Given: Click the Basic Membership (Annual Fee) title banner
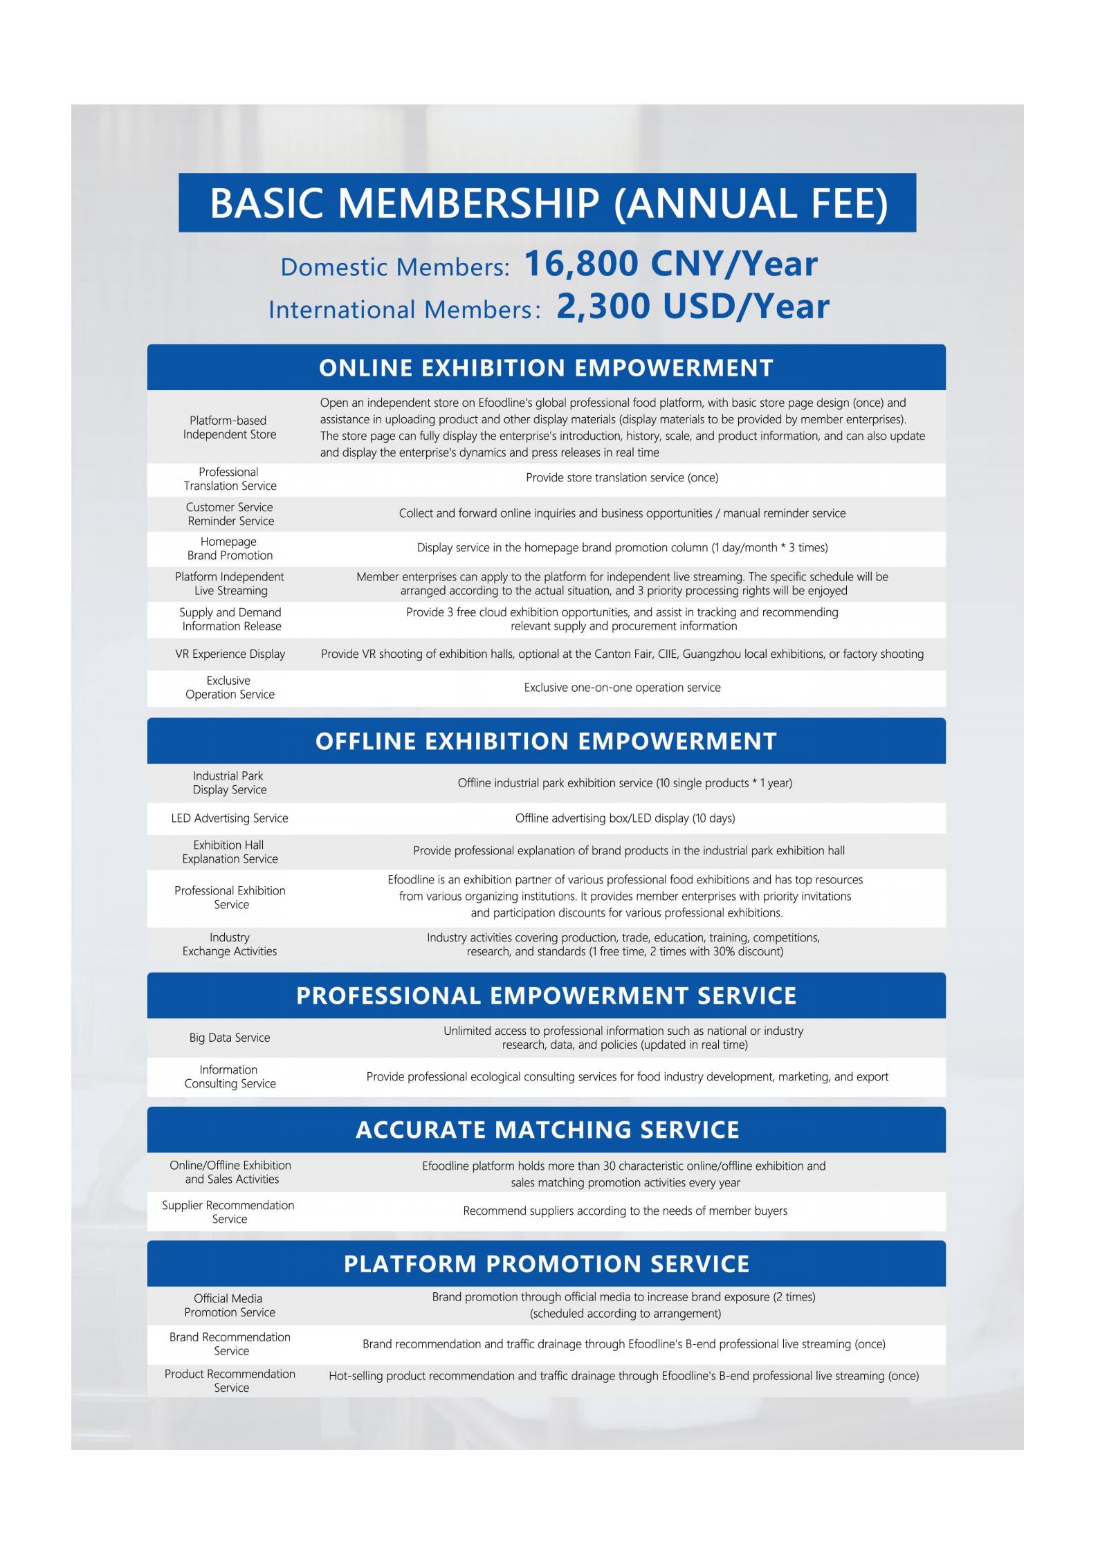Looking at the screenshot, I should (x=547, y=203).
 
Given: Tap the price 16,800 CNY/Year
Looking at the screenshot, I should (x=670, y=264).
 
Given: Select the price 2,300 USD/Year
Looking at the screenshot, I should (x=693, y=306).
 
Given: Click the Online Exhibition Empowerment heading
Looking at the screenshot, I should (x=546, y=367).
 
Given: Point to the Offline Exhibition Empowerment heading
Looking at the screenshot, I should (x=546, y=741).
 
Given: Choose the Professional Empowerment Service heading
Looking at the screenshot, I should (x=546, y=995).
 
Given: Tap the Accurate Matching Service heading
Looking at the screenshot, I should (x=547, y=1130).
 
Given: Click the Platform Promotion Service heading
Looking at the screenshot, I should (x=547, y=1264).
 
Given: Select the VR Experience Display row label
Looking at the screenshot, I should (x=230, y=654).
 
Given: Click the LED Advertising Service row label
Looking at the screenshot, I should (x=230, y=818).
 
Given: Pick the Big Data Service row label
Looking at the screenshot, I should (x=230, y=1038).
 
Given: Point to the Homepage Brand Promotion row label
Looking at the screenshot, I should (x=230, y=549).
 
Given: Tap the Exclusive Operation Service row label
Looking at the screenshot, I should (x=230, y=688).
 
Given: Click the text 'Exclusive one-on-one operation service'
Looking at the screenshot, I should (x=622, y=688).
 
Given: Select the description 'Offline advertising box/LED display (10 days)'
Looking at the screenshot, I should (x=625, y=818).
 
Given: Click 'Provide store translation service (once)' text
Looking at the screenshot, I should (x=622, y=478).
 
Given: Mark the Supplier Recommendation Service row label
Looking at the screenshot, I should (x=228, y=1212).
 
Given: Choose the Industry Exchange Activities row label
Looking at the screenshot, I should (x=230, y=944).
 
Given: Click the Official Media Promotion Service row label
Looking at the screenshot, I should (x=229, y=1305).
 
